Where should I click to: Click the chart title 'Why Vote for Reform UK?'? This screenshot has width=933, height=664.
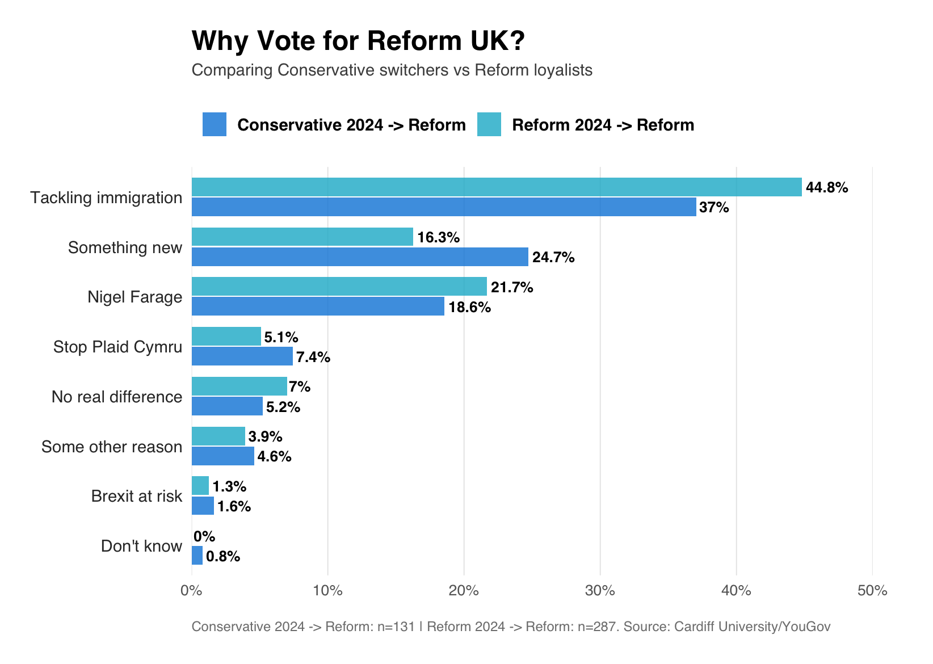[358, 41]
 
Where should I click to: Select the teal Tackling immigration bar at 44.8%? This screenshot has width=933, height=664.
[497, 187]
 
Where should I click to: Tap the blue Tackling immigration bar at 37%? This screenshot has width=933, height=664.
[444, 207]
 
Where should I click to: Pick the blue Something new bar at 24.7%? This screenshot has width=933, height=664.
[360, 257]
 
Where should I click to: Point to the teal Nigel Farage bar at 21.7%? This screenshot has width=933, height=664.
[339, 287]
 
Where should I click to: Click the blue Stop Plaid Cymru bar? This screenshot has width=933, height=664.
[242, 356]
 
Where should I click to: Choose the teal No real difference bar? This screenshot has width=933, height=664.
[239, 386]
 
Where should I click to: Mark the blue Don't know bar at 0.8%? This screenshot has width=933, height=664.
[197, 556]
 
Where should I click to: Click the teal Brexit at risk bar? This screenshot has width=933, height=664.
[200, 486]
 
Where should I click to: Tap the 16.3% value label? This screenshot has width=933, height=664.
[438, 237]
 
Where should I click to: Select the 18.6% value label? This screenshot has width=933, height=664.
[469, 308]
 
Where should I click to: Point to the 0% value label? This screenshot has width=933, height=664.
[204, 536]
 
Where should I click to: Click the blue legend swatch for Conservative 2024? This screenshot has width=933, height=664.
[215, 124]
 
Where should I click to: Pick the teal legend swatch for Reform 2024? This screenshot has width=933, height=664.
[489, 124]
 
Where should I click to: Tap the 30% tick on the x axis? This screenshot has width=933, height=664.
[600, 591]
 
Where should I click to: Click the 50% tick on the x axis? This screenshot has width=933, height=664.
[872, 591]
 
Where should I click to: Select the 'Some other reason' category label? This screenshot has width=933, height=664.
[112, 447]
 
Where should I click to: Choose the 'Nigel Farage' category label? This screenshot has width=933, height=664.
[135, 297]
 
